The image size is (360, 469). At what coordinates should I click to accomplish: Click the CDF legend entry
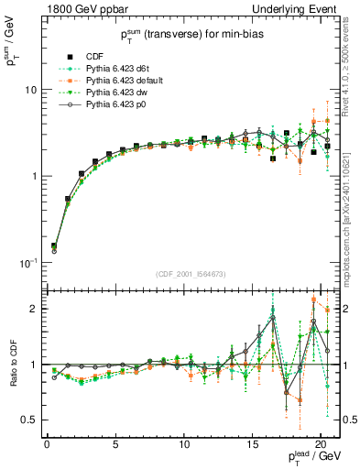[x=97, y=57]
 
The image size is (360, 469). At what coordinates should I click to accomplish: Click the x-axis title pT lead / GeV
[x=309, y=459]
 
